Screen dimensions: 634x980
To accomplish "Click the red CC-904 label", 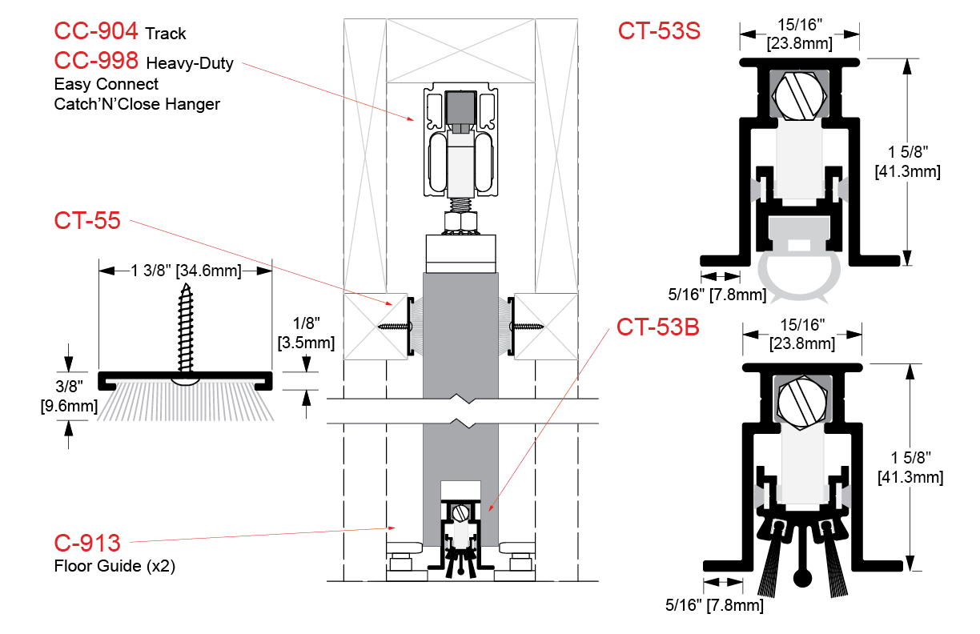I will pos(96,32).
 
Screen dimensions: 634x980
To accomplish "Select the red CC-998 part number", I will pos(96,61).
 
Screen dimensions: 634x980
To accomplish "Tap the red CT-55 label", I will pos(87,220).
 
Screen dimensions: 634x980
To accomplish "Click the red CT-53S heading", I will pos(659,31).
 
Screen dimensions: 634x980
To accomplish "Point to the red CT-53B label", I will pos(658,327).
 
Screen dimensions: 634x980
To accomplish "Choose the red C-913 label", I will pos(87,544).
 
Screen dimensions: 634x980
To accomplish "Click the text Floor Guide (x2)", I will pos(114,566).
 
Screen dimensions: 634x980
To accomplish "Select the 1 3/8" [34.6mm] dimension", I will pos(185,271).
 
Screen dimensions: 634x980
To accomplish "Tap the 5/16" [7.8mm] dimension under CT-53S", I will pos(717,295).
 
